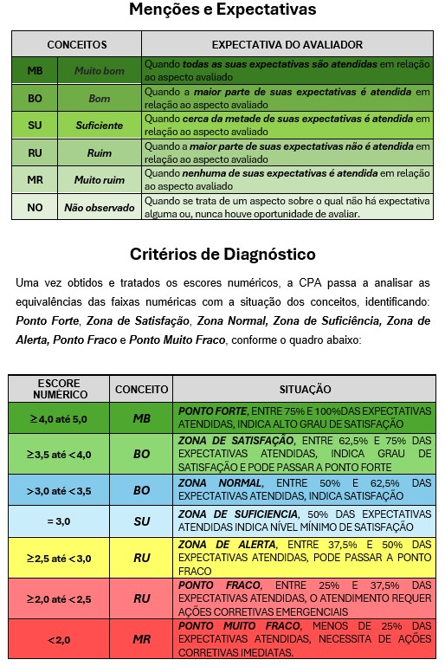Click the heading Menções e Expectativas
coord(222,11)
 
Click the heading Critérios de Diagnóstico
coord(222,255)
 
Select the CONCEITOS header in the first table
coord(76,43)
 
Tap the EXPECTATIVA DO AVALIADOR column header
coord(287,43)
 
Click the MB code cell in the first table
coord(35,71)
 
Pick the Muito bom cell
coord(99,71)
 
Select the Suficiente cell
coord(99,126)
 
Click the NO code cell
coord(35,208)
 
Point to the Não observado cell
coord(99,208)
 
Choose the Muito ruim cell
coord(99,180)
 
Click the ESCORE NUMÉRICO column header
coord(60,388)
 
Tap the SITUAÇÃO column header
coord(305,388)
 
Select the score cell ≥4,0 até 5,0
coord(60,418)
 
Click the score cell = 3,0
coord(60,521)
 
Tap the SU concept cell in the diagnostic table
coord(142,521)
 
